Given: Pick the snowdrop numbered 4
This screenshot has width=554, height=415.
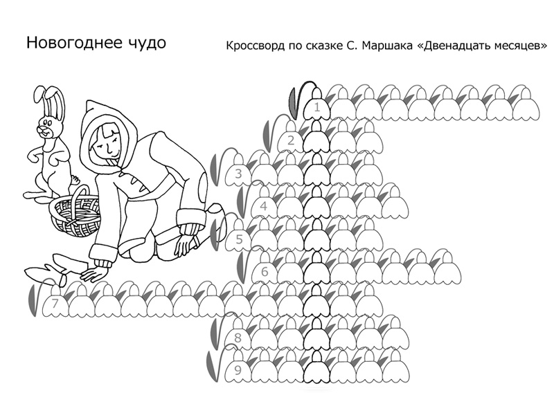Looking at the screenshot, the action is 265,203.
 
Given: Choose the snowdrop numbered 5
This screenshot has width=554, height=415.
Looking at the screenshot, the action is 239,237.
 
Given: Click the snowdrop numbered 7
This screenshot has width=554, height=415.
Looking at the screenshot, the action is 55,302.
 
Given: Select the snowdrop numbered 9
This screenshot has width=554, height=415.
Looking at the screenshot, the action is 238,368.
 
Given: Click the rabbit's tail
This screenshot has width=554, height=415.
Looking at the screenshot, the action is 75,180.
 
